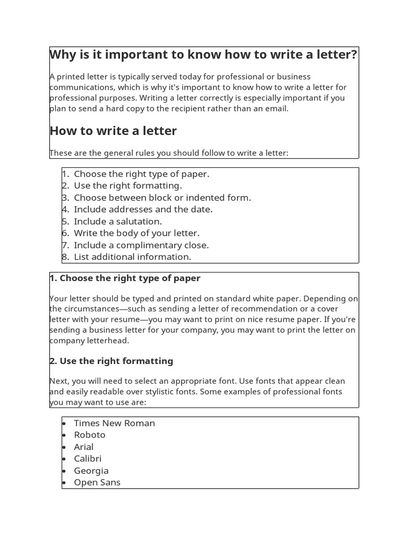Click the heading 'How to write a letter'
(113, 131)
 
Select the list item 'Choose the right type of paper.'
(141, 174)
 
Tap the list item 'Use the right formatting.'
(127, 185)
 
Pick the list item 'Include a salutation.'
(118, 221)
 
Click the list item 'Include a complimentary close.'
(141, 245)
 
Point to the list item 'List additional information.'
(132, 257)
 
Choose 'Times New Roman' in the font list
(114, 423)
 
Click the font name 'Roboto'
(89, 435)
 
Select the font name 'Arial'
(83, 447)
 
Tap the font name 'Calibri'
(88, 458)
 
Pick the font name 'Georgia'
(91, 471)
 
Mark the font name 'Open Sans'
(97, 482)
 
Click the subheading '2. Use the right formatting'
(112, 361)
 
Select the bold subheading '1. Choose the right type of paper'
(125, 278)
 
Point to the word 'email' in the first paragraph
(276, 108)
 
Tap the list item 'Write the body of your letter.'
(137, 233)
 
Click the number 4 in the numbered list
(65, 209)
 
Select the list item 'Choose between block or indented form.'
(162, 198)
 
